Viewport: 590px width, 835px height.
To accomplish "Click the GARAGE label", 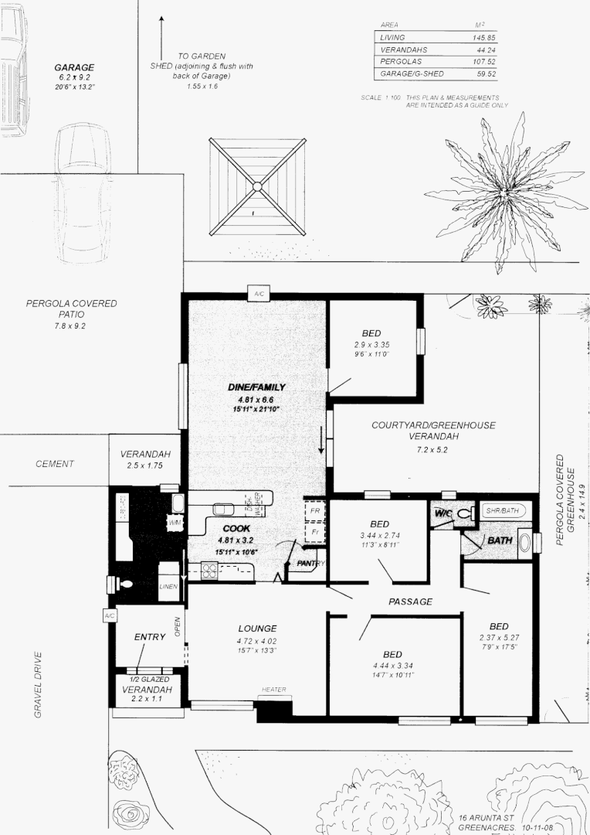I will (74, 67).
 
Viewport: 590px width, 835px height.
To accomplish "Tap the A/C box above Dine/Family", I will (257, 293).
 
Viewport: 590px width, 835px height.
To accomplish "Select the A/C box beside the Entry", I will (109, 615).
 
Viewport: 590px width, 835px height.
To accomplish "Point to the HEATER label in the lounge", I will (273, 690).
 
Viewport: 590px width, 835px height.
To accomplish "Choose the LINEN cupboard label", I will (168, 586).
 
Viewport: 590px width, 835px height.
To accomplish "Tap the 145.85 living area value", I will (484, 37).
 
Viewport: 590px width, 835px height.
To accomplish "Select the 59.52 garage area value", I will (484, 74).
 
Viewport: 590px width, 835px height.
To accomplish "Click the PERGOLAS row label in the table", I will (398, 62).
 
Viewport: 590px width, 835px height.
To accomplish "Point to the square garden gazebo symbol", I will (257, 186).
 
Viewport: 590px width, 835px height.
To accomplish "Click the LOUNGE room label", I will (257, 629).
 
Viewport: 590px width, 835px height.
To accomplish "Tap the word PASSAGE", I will (410, 602).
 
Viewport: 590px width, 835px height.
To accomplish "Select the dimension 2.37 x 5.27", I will (498, 638).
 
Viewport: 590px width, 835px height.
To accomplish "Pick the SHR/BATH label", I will (504, 511).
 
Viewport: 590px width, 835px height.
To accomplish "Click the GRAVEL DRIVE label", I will (38, 685).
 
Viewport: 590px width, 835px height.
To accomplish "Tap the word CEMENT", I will (55, 464).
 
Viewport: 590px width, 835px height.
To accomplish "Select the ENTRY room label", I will (150, 637).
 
